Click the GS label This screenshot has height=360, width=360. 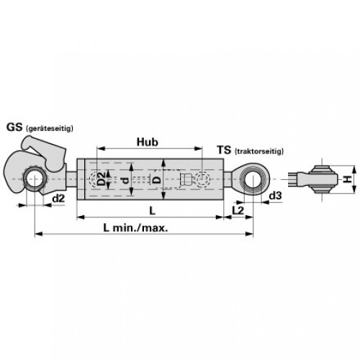click(14, 127)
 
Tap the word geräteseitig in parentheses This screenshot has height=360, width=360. click(49, 128)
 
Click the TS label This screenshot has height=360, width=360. click(224, 150)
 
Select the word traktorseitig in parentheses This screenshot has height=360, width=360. click(258, 151)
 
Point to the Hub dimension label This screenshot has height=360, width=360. click(148, 142)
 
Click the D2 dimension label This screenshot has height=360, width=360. click(102, 179)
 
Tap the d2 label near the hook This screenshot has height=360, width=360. click(58, 199)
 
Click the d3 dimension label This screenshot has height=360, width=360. click(275, 196)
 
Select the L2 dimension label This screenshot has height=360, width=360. click(238, 210)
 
